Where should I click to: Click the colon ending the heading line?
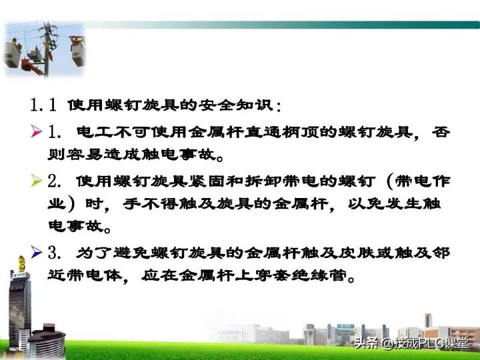coord(277,107)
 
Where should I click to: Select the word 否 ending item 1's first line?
coord(441,132)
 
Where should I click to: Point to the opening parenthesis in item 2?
coord(389,180)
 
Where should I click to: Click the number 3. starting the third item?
coord(55,252)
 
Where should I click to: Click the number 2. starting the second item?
coord(55,180)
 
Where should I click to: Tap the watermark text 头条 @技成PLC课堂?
coord(411,344)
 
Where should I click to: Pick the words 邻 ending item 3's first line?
coord(441,252)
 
